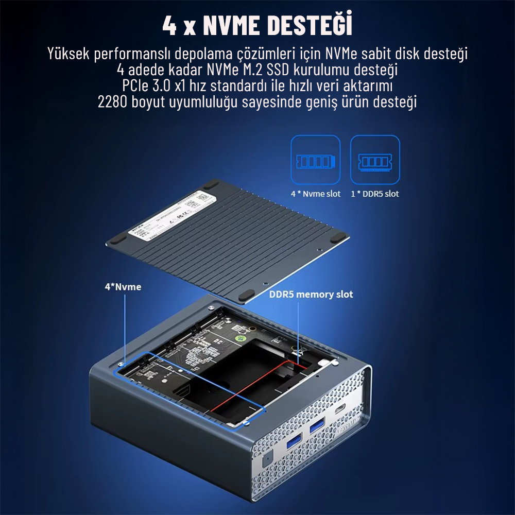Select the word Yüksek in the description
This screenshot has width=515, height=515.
pos(68,54)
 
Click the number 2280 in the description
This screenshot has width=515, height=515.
pos(113,101)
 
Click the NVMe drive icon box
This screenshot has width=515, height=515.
pos(315,160)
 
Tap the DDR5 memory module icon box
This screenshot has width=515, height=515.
pos(375,160)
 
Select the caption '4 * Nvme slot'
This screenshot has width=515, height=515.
pos(315,194)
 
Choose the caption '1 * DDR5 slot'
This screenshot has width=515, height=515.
pos(374,194)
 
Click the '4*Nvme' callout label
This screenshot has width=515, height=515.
pos(123,287)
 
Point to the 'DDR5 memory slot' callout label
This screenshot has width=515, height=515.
pos(311,295)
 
